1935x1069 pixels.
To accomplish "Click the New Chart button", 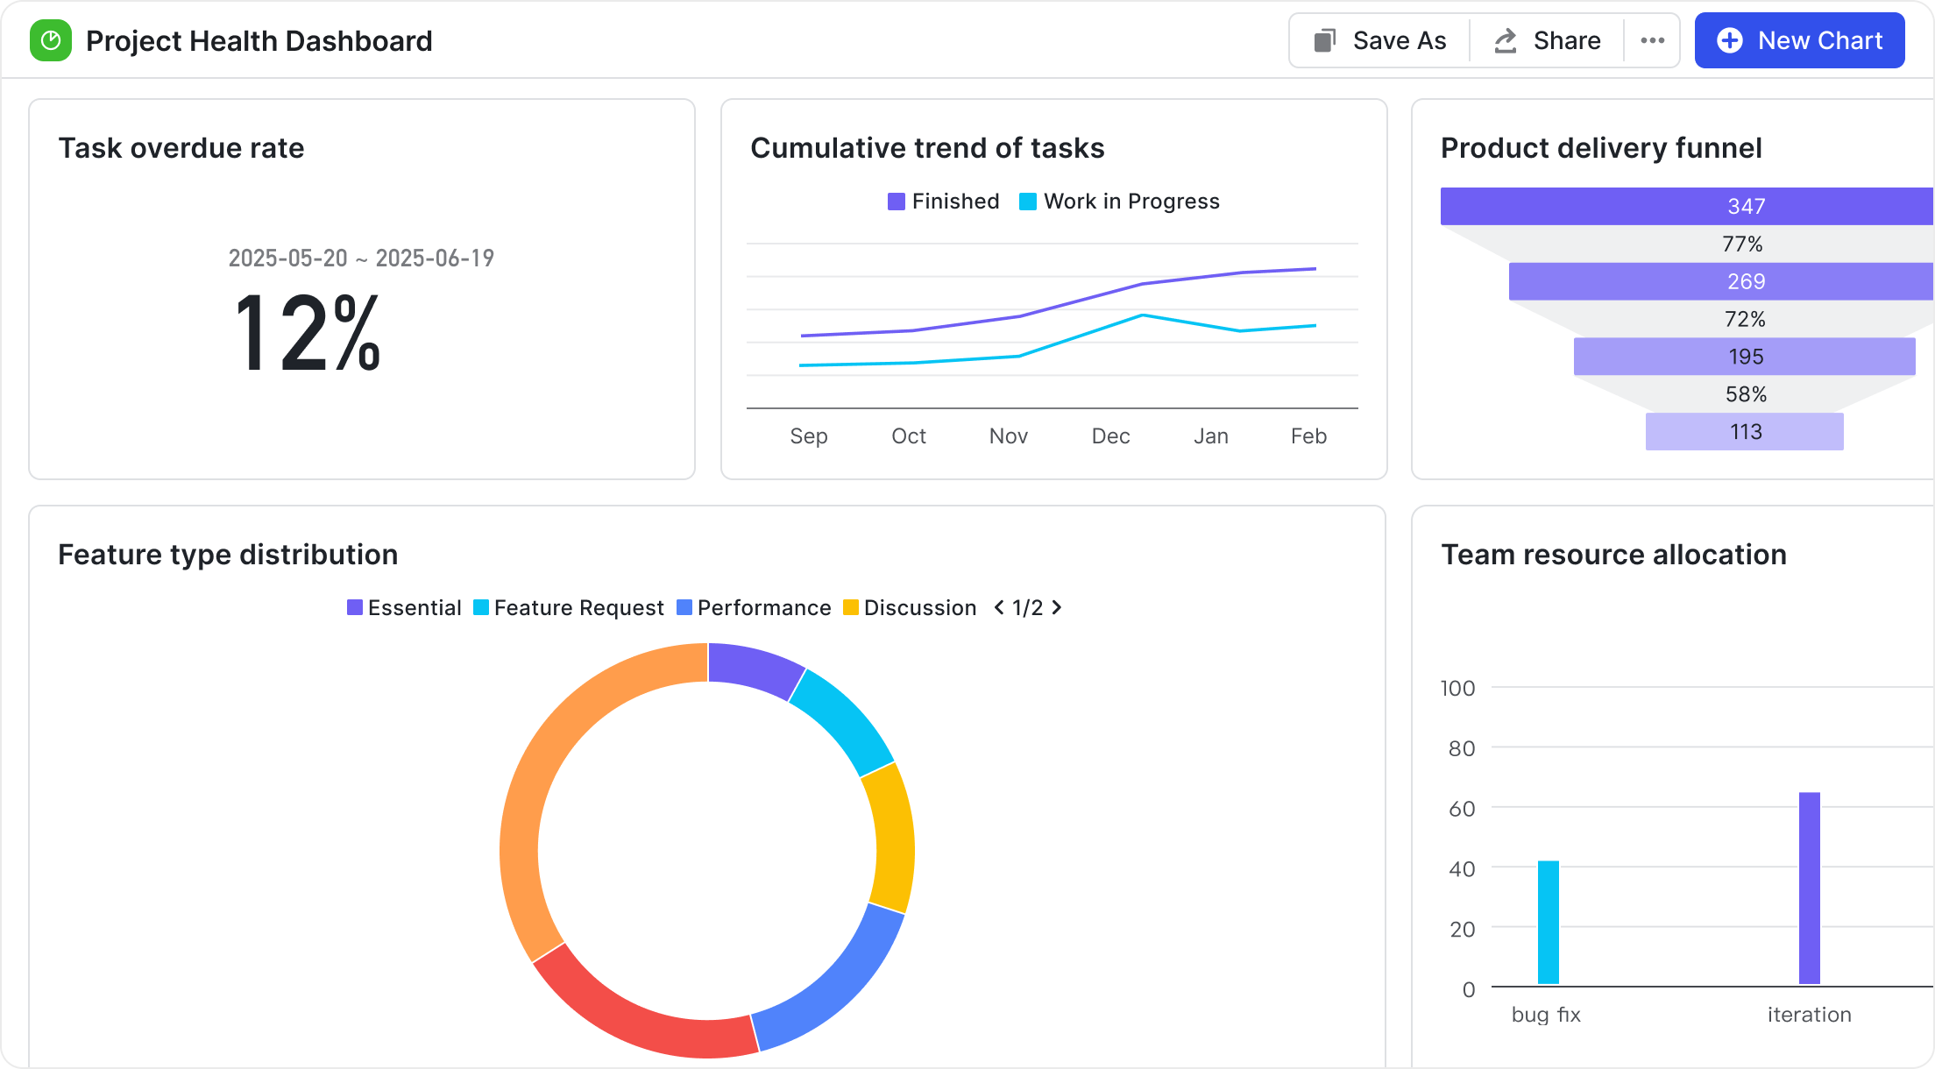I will point(1799,40).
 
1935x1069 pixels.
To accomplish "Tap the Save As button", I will point(1380,40).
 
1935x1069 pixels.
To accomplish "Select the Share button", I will point(1548,40).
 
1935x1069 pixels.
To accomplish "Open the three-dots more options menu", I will point(1652,40).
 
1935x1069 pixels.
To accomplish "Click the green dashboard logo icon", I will point(51,40).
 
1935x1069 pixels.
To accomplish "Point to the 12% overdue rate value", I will point(308,334).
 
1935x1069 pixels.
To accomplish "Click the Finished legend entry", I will point(944,202).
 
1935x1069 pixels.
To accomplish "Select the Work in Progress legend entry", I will point(1120,202).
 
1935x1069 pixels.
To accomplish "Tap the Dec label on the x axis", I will point(1110,435).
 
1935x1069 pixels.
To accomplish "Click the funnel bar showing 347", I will point(1686,206).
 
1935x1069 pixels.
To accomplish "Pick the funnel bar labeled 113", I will point(1744,432).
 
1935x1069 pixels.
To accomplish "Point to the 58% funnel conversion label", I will point(1746,394).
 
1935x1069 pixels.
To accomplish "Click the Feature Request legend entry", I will point(569,608).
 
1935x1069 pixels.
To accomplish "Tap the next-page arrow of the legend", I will point(1057,607).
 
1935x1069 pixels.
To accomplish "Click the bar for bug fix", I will point(1549,923).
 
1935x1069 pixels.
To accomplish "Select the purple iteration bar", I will point(1810,888).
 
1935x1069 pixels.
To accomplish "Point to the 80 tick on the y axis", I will point(1462,748).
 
